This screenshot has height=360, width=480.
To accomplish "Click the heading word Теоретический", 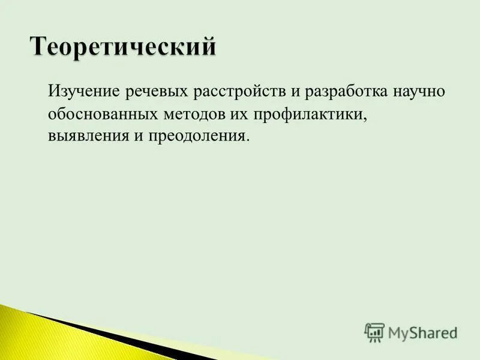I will (x=122, y=47).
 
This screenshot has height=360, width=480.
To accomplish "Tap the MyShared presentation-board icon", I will (x=374, y=332).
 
